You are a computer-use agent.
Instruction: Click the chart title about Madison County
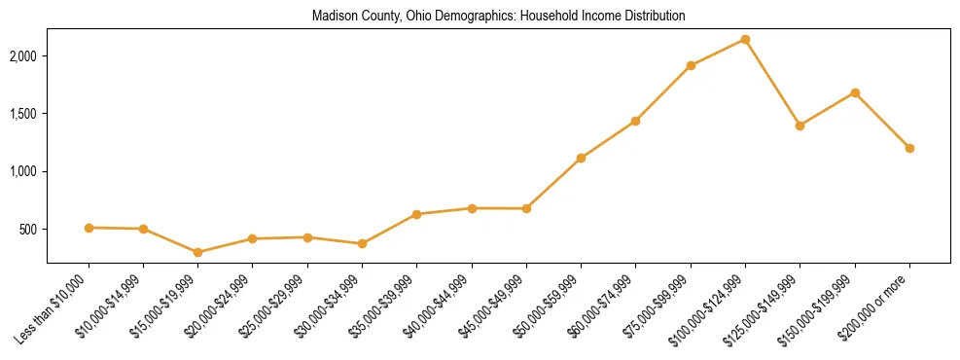pos(498,17)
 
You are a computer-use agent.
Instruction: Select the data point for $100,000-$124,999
pos(745,39)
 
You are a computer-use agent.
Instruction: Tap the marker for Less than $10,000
pos(89,228)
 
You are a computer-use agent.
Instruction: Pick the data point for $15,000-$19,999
pos(198,252)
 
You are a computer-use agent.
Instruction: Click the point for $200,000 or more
pos(909,148)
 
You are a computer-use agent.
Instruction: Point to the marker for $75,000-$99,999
pos(691,65)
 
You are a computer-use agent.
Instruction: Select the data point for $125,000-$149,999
pos(800,126)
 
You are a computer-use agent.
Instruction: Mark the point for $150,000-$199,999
pos(855,92)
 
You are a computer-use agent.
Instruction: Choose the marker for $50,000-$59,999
pos(581,158)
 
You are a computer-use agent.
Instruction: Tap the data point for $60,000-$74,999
pos(635,121)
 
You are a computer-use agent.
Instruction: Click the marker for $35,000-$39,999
pos(416,214)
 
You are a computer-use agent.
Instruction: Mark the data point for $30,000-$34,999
pos(362,243)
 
